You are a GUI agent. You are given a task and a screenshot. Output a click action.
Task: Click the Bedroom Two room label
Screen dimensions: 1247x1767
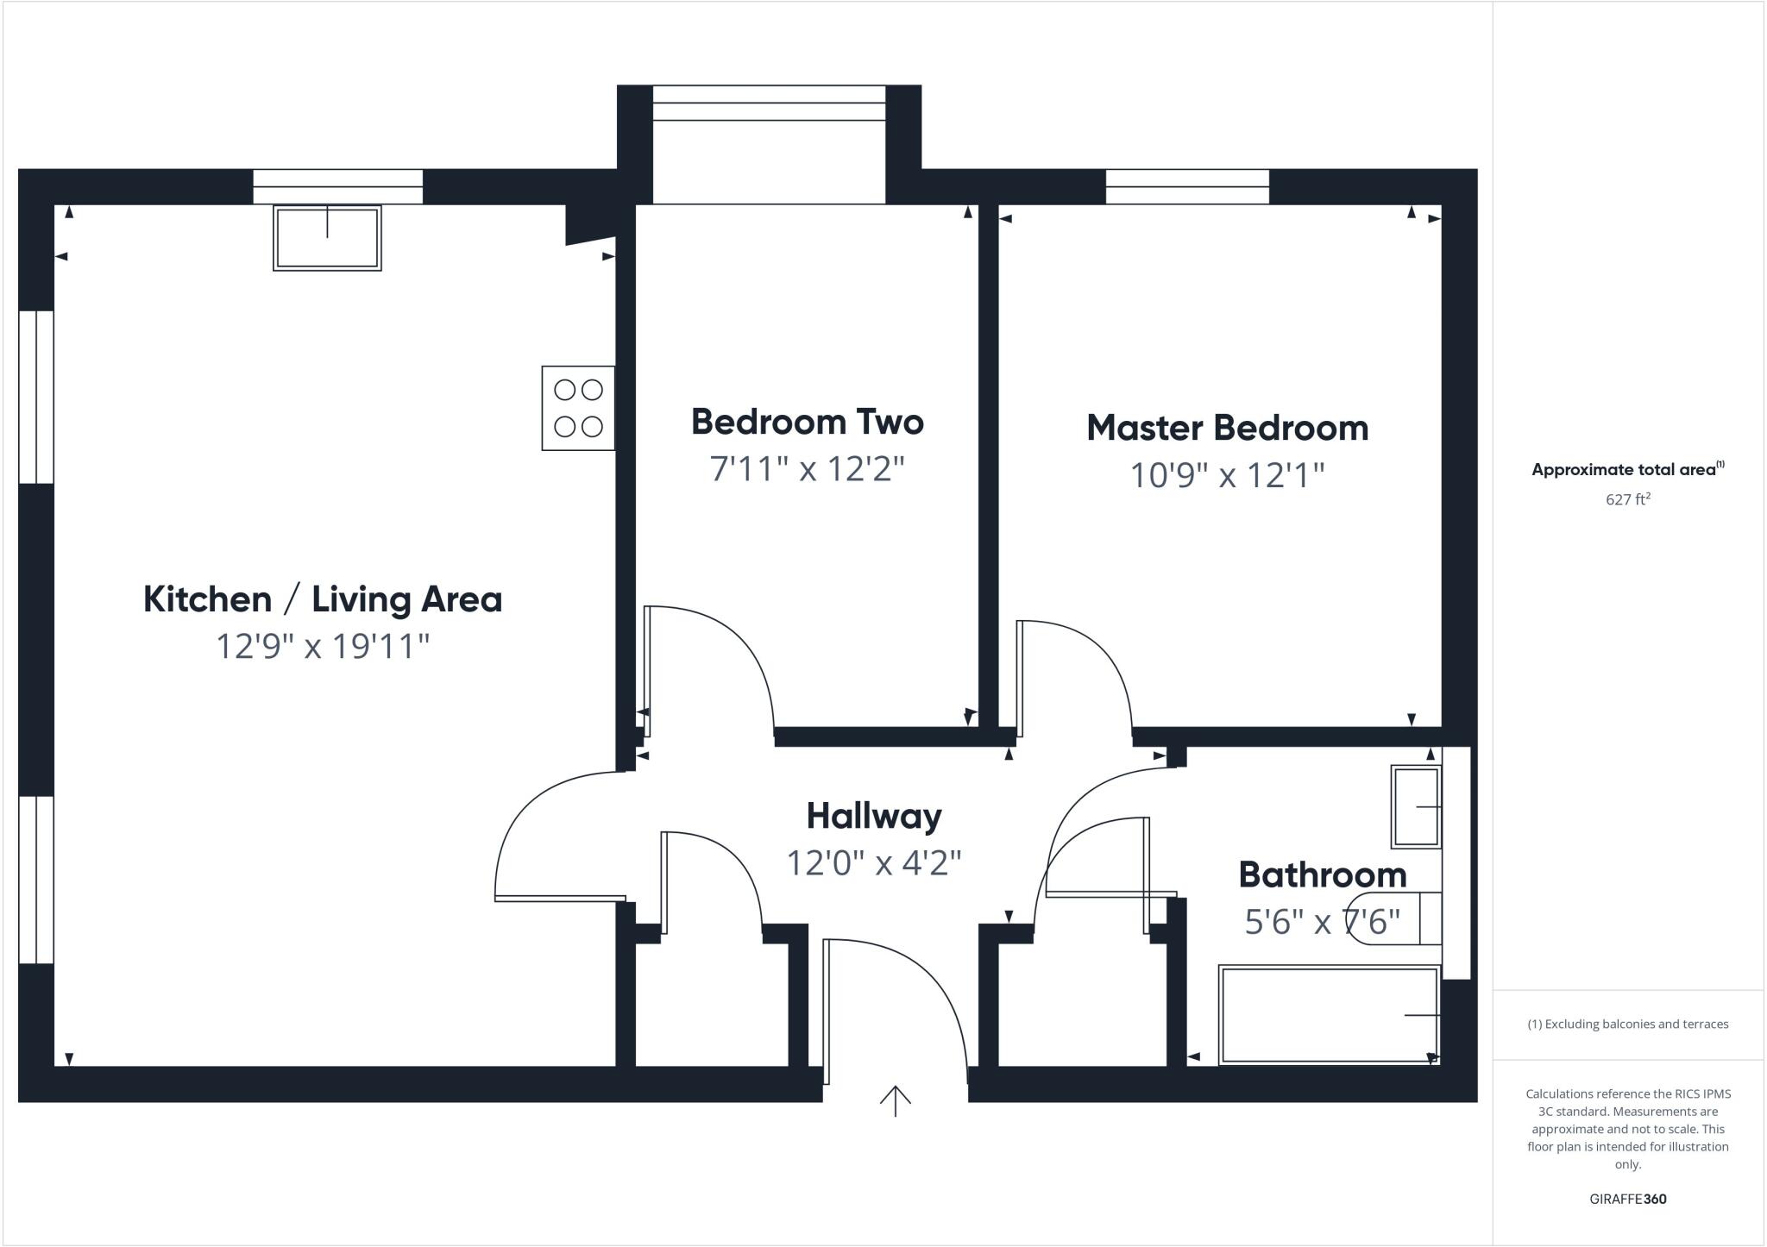point(807,422)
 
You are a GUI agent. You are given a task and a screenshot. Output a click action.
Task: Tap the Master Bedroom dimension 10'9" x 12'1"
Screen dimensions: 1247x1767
point(1226,475)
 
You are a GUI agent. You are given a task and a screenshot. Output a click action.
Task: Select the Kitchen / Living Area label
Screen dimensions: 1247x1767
point(322,599)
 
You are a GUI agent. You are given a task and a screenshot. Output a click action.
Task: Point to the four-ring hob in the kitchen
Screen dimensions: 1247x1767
point(578,408)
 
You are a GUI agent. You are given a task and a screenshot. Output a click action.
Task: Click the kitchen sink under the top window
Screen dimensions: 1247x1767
point(327,237)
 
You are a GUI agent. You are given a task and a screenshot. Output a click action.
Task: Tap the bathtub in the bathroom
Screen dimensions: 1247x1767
point(1329,1015)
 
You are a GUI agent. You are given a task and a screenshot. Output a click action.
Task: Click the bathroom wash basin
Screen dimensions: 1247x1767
point(1416,806)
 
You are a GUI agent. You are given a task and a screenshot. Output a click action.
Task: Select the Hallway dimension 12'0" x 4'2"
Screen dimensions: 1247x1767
point(873,862)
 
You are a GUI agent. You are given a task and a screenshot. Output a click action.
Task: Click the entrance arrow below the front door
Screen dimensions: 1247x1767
point(895,1100)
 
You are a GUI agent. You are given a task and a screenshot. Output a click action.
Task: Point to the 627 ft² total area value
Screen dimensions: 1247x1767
point(1627,499)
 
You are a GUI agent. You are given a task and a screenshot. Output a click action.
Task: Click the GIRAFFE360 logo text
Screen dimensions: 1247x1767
point(1627,1199)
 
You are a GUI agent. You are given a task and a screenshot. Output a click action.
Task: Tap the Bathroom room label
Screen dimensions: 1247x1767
point(1322,875)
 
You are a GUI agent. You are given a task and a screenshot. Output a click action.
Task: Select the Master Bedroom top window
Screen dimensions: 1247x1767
point(1187,186)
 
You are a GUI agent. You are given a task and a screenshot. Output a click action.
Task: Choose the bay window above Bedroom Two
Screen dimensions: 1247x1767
point(769,103)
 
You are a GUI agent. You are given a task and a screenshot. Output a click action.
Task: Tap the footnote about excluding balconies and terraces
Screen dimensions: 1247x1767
point(1627,1025)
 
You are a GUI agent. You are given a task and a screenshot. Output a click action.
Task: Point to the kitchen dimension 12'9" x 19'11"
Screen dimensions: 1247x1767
point(322,646)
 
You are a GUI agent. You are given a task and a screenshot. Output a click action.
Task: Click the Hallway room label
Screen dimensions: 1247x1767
point(873,816)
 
